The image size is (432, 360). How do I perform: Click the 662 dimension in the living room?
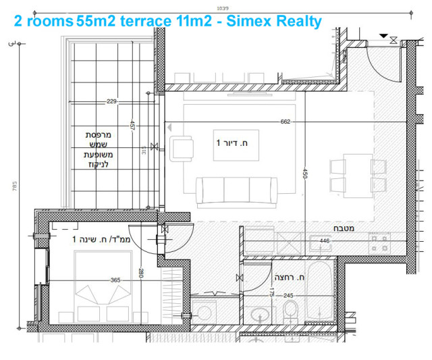pos(285,122)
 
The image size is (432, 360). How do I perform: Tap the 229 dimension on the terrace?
pos(112,102)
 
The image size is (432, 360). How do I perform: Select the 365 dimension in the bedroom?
pos(115,280)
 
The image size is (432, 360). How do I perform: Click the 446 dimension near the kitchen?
pos(324,240)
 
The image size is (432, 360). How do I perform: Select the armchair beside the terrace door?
pos(182,148)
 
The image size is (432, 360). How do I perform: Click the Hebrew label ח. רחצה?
pos(290,278)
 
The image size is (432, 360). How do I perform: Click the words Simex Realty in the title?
pos(275,21)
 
